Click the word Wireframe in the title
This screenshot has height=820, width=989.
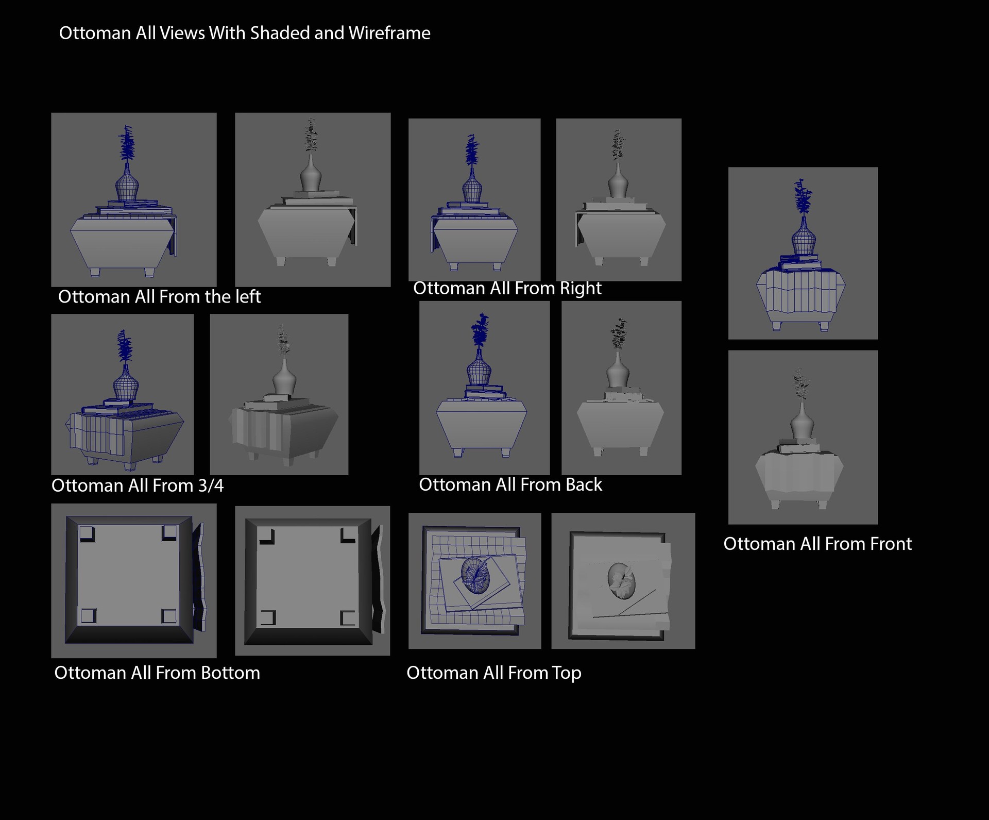(389, 33)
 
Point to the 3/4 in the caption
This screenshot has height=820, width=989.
(211, 486)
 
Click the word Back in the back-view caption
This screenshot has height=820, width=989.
(584, 484)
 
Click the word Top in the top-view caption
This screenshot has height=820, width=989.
(566, 673)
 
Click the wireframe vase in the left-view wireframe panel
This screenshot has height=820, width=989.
(126, 182)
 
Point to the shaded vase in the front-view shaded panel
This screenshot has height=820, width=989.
(802, 422)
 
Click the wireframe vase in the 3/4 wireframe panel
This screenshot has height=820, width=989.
(126, 382)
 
